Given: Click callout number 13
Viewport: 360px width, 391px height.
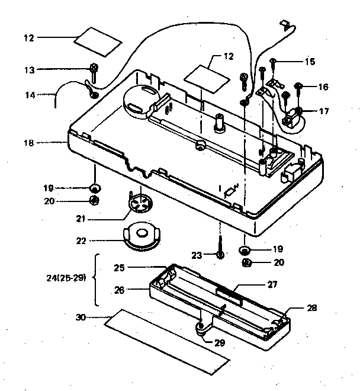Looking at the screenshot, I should pos(28,69).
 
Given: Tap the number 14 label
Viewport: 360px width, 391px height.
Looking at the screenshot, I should pos(28,94).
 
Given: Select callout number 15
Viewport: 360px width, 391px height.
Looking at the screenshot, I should pos(310,61).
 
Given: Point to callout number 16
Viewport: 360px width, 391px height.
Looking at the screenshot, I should pos(323,86).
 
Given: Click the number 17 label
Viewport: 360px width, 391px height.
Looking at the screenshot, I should pos(323,110).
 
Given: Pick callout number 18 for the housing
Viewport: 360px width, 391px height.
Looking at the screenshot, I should pos(28,143).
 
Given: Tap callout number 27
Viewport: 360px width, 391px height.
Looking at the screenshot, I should pos(272,284).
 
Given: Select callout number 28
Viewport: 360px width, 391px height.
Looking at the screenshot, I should pos(312,307).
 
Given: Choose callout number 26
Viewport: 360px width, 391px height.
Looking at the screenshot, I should pos(120,290).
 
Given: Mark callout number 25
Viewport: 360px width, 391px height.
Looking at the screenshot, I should pos(120,268).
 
